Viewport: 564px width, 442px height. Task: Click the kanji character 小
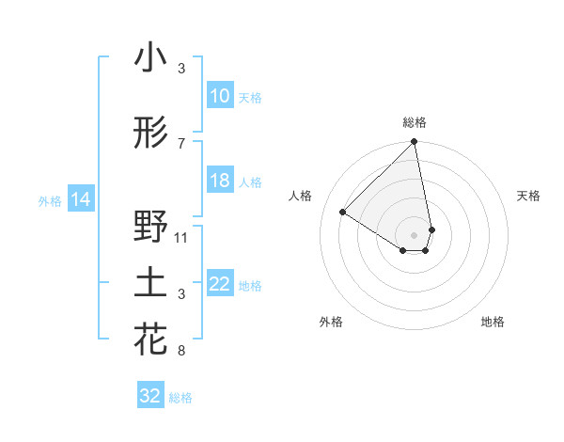[x=150, y=57]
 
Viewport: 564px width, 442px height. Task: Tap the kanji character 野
[x=150, y=227]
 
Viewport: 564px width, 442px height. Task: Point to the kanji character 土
[x=150, y=285]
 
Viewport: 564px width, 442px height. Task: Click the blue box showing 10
[x=220, y=96]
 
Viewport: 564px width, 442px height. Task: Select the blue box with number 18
[x=220, y=182]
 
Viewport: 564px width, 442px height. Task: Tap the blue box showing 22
[x=220, y=285]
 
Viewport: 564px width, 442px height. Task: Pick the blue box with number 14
[x=81, y=199]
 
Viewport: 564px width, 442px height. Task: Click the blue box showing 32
[x=150, y=396]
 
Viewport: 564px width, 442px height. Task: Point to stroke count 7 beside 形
[x=181, y=143]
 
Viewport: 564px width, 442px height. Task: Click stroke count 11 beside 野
[x=181, y=237]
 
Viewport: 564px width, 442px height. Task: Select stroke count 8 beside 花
[x=181, y=352]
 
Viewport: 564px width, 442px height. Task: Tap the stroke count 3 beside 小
[x=181, y=69]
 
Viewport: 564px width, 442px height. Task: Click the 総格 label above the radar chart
[x=415, y=122]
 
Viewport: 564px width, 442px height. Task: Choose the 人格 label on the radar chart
[x=301, y=196]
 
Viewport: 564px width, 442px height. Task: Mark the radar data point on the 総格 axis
[x=415, y=143]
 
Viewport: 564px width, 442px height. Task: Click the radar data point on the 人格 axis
[x=343, y=213]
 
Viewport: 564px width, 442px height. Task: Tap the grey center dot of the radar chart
[x=415, y=233]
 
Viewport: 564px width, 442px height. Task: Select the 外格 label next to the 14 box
[x=49, y=200]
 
